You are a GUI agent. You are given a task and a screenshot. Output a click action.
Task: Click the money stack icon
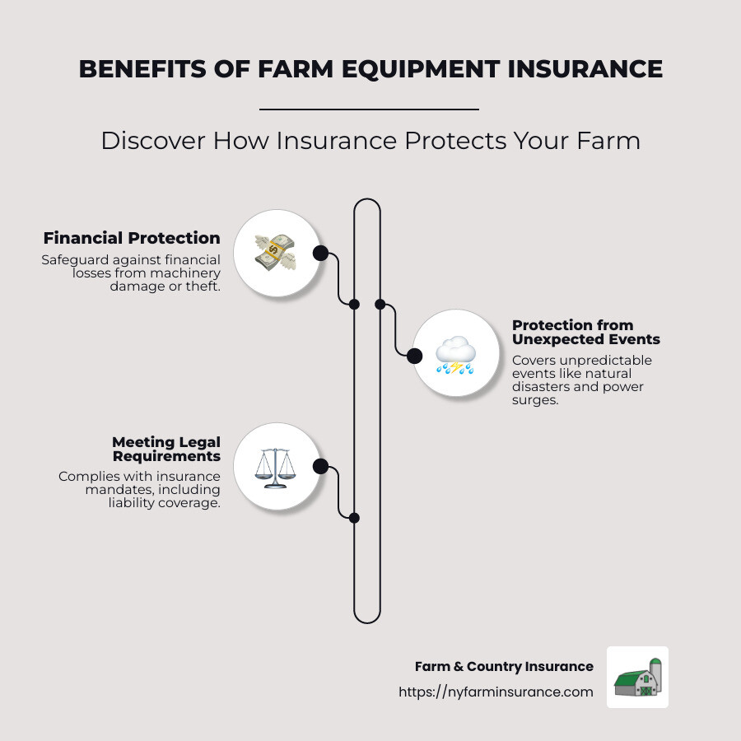275,253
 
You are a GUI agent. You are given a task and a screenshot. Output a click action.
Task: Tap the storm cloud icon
455,355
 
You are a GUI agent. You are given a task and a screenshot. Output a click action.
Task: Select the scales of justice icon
275,467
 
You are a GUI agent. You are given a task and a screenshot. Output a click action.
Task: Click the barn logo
637,677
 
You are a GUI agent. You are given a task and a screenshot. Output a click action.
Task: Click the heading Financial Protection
132,238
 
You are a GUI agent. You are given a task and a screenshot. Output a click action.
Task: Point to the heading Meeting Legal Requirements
166,449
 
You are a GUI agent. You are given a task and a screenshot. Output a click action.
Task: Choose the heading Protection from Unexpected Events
585,332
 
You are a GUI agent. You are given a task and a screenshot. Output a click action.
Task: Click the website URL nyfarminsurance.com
496,692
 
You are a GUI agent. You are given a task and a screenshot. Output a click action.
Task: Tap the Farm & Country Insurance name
504,666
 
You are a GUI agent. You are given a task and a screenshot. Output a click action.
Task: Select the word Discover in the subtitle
153,141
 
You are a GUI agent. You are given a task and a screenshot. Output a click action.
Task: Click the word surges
536,400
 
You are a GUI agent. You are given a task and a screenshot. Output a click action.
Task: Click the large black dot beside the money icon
320,253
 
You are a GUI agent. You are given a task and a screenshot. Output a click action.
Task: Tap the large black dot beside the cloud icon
414,356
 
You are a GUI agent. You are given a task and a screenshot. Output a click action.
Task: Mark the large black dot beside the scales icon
320,467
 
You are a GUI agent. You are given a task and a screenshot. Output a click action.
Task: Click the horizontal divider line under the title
369,109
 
